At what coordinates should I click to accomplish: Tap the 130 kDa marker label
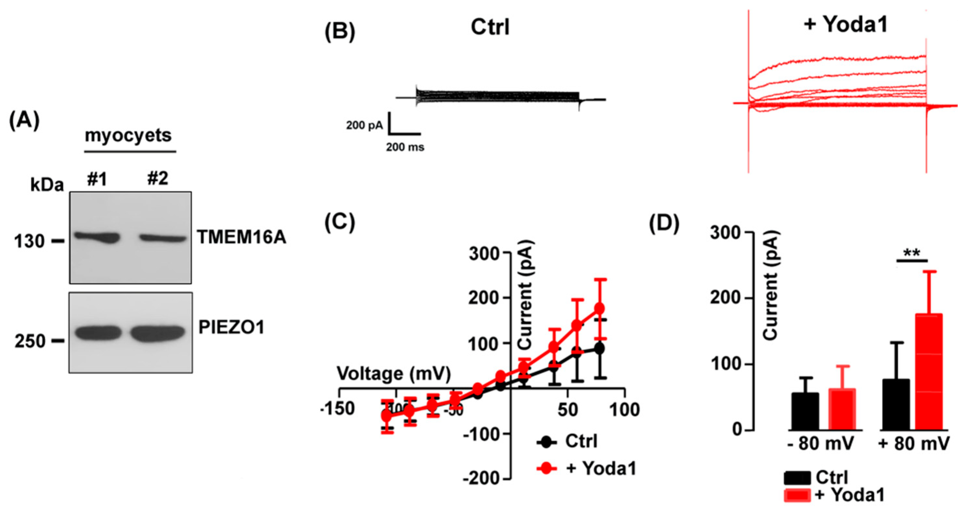point(29,241)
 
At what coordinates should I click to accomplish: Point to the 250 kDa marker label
point(30,341)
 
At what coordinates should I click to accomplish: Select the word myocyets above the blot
point(128,135)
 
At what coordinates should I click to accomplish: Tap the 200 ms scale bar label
point(405,147)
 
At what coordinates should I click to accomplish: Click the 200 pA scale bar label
point(364,125)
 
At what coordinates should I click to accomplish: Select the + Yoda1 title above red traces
point(845,25)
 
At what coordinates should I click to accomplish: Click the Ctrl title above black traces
point(490,27)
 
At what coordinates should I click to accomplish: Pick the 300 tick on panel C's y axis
point(484,254)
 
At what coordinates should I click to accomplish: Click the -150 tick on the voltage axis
point(337,409)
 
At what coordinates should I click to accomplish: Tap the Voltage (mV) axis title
point(393,374)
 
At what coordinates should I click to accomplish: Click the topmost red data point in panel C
point(599,308)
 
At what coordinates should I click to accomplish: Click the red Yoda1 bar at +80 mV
point(929,372)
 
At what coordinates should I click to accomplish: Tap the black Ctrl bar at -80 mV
point(805,411)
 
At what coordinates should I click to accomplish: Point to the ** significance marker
point(912,254)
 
